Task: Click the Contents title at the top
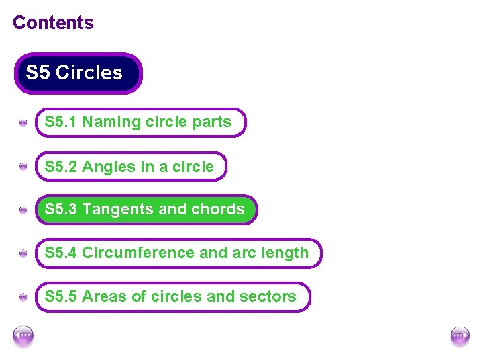(53, 23)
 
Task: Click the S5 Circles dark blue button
(78, 73)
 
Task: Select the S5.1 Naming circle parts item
(140, 122)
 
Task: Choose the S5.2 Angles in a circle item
(131, 166)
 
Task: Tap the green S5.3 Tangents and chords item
(146, 210)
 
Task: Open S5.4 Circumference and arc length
(178, 253)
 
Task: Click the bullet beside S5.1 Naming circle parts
(23, 123)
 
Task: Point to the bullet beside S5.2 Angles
(23, 167)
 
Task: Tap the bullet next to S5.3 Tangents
(23, 210)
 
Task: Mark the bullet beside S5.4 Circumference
(23, 254)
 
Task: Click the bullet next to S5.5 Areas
(23, 297)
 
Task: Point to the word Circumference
(138, 253)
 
